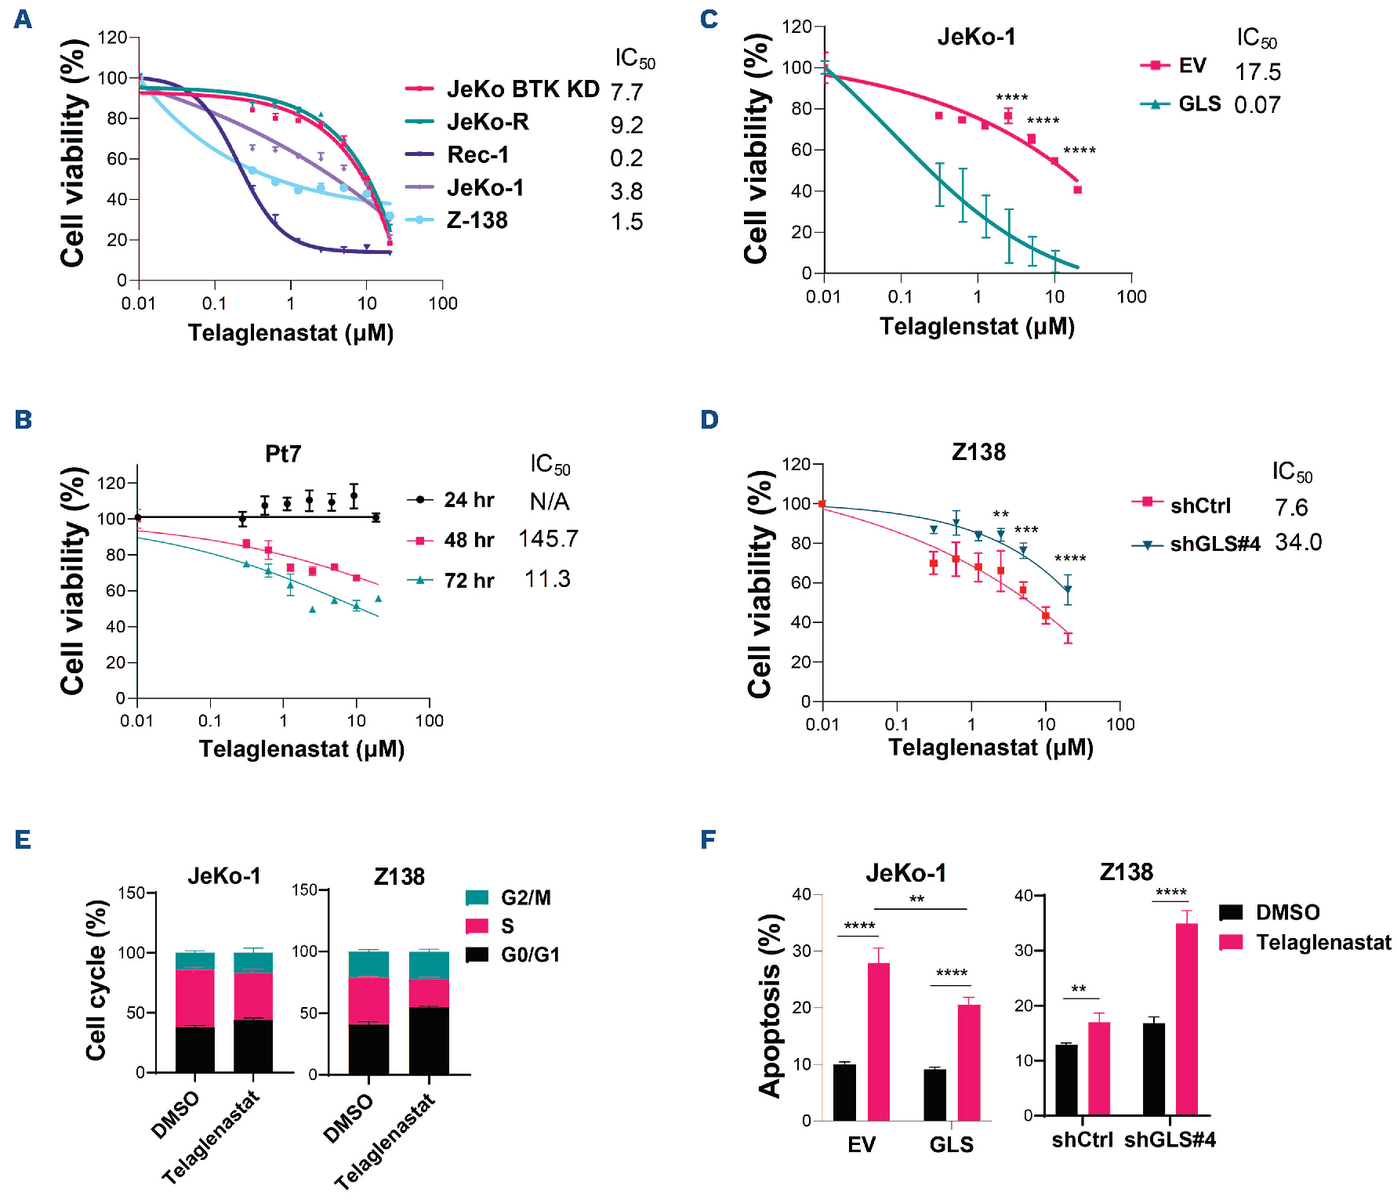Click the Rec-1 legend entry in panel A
(x=477, y=155)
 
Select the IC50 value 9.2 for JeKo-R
(x=626, y=125)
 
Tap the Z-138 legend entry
(x=477, y=221)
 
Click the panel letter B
(x=24, y=420)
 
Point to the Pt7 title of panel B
(x=283, y=454)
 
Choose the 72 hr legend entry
(x=469, y=581)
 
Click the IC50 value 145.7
(x=548, y=539)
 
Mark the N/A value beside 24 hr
(x=550, y=502)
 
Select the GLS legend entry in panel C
(x=1199, y=104)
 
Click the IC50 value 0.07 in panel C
(x=1257, y=105)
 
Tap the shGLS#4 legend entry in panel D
(x=1214, y=544)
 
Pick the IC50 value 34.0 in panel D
(x=1298, y=542)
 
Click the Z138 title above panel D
(x=978, y=452)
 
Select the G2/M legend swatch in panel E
(x=477, y=897)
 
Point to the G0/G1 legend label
(x=530, y=955)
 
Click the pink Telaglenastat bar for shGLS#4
(x=1187, y=1019)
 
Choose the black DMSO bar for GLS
(x=934, y=1094)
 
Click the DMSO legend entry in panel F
(x=1287, y=912)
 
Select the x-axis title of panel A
(x=291, y=333)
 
